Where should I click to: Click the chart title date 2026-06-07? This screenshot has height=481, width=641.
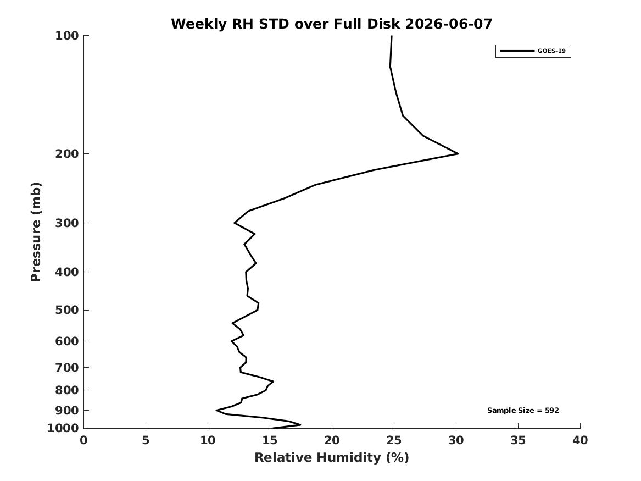(x=448, y=24)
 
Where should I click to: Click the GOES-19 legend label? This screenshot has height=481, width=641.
(x=551, y=51)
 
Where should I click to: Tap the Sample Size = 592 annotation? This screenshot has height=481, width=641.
(x=523, y=410)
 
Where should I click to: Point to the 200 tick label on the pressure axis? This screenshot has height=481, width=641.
(x=66, y=154)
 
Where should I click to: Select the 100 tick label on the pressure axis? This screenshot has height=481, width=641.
(x=66, y=36)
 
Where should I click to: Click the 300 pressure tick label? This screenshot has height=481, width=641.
(x=66, y=223)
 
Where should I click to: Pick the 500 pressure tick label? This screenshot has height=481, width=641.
(x=66, y=310)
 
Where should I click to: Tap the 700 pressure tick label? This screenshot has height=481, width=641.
(x=66, y=368)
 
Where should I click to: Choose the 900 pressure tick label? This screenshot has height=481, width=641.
(x=66, y=410)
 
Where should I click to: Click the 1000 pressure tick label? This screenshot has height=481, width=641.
(x=63, y=428)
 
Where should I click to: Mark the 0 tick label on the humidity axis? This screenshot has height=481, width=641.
(x=84, y=440)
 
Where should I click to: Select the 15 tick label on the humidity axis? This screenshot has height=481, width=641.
(x=270, y=440)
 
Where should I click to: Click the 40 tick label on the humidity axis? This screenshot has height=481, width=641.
(x=580, y=440)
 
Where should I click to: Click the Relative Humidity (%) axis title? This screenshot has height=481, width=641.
(x=332, y=457)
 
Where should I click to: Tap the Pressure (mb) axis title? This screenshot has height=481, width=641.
(x=36, y=232)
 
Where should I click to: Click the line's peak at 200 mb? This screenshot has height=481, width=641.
(x=458, y=154)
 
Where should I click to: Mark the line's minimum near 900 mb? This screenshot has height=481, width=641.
(x=216, y=410)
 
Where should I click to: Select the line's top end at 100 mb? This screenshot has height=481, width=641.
(x=392, y=36)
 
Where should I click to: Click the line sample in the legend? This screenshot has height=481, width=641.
(x=517, y=51)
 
